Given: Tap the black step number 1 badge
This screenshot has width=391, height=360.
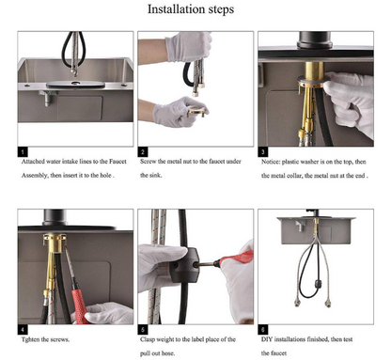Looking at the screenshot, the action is (x=23, y=152).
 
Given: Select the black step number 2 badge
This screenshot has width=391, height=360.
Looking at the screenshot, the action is (x=143, y=152).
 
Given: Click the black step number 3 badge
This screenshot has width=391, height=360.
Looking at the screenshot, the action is (x=263, y=152).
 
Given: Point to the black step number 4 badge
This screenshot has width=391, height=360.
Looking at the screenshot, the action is (x=23, y=330).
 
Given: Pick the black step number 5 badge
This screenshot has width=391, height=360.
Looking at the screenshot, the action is (x=143, y=330).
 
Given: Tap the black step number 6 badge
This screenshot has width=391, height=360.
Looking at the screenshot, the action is (x=263, y=330).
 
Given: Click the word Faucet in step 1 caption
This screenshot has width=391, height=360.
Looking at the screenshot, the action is (x=117, y=162).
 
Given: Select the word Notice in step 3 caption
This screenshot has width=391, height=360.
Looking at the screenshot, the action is (x=271, y=162).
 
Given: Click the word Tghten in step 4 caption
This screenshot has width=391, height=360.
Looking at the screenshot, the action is (x=30, y=339).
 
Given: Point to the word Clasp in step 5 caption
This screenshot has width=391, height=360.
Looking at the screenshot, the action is (x=148, y=339).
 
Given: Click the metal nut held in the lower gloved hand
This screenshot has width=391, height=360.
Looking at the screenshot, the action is (x=196, y=111).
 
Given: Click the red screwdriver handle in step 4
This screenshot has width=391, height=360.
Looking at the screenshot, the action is (x=81, y=305).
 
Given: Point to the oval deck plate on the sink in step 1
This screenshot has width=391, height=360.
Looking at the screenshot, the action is (x=75, y=84).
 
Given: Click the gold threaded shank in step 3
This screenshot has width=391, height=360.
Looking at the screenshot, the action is (x=314, y=70).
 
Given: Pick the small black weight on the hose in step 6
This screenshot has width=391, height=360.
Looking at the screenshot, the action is (x=319, y=283).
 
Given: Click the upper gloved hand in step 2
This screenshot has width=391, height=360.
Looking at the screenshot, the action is (x=189, y=46).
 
